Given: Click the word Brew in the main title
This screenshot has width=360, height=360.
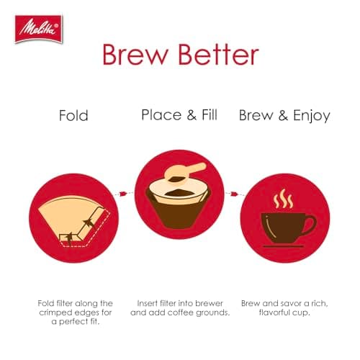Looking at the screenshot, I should click(x=135, y=56).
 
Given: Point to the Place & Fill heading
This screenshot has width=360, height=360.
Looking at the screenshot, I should click(x=180, y=115).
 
